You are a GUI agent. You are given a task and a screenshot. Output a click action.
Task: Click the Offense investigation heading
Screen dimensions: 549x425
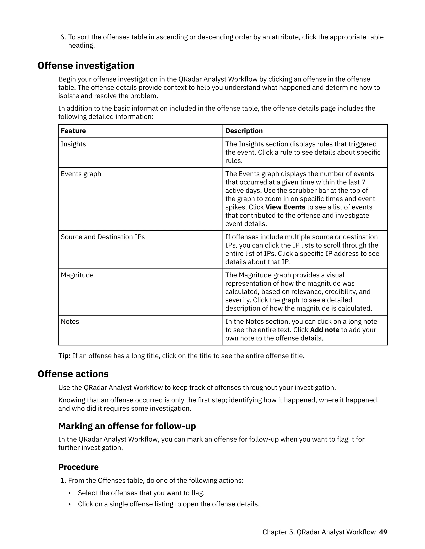[x=86, y=66]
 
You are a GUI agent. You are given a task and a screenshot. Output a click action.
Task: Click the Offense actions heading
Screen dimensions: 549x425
[x=73, y=374]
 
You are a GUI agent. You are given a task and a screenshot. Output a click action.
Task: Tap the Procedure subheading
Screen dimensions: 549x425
[x=78, y=467]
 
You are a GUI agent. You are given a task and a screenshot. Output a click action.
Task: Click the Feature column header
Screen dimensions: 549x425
[x=73, y=131]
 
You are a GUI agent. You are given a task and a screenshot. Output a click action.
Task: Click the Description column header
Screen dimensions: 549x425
[x=244, y=131]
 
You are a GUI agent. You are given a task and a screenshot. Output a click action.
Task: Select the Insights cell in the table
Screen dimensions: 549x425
[x=73, y=144]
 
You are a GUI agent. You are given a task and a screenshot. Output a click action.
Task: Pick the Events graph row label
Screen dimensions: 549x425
[x=81, y=174]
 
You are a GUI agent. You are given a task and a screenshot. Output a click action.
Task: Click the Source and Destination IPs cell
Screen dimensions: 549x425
[x=103, y=237]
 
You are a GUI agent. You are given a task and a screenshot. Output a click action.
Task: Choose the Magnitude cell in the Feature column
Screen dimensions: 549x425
[x=77, y=275]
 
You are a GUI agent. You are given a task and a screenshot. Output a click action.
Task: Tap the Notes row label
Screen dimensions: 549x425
[x=70, y=322]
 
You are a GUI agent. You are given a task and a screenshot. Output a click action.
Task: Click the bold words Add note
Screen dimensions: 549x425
[x=324, y=330]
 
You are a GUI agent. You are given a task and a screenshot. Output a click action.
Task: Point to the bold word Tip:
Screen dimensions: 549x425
[x=65, y=356]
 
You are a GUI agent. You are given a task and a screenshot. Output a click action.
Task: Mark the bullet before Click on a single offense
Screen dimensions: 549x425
[x=70, y=504]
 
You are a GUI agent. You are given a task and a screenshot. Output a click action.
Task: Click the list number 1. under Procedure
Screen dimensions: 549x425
[x=63, y=480]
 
